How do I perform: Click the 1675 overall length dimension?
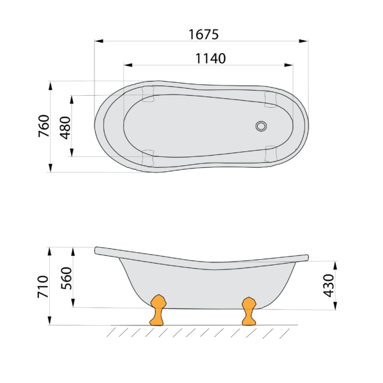tap(204, 34)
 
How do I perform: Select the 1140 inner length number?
tap(210, 59)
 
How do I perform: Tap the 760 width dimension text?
tap(44, 126)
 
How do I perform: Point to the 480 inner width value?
tap(66, 128)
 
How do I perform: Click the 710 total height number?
tap(43, 287)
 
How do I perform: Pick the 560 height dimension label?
tap(66, 278)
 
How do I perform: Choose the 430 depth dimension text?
tap(329, 285)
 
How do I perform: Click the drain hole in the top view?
tap(261, 126)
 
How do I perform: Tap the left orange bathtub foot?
tap(158, 310)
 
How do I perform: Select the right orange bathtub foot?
tap(249, 312)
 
